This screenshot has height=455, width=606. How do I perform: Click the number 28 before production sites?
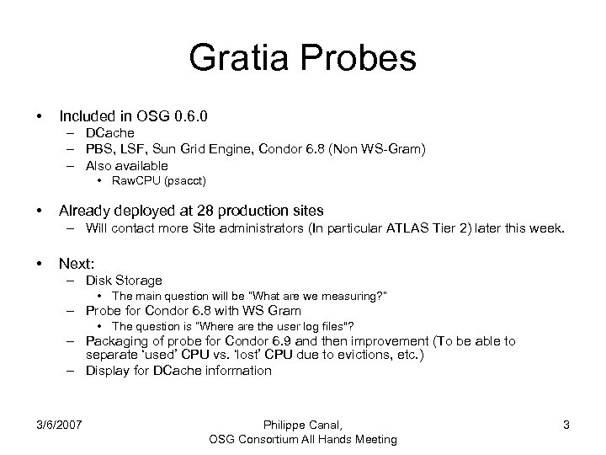click(x=204, y=209)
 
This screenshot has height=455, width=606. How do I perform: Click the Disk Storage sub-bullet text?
click(x=124, y=280)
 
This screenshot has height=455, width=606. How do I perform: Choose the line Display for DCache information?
click(x=178, y=371)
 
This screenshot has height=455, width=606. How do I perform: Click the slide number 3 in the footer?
click(x=566, y=425)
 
